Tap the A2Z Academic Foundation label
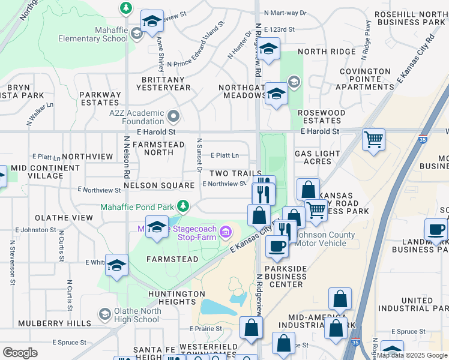tap(137, 117)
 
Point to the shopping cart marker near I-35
tap(374, 140)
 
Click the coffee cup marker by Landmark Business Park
tap(436, 230)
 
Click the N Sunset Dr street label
tap(199, 154)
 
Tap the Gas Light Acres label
tap(317, 158)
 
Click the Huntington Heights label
tap(178, 298)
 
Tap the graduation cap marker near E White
tap(116, 265)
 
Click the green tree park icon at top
tap(126, 8)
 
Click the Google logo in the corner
tap(20, 353)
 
